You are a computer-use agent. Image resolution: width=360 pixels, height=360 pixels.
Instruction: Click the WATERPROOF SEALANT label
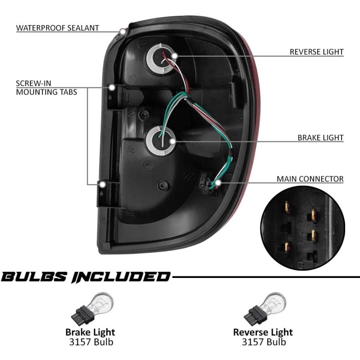coord(57,28)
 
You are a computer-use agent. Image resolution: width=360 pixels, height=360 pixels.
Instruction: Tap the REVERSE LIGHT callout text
coord(317,52)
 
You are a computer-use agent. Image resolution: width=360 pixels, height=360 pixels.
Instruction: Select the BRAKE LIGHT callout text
coord(320,138)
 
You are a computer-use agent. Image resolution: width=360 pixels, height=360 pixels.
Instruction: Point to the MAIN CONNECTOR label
coord(310,179)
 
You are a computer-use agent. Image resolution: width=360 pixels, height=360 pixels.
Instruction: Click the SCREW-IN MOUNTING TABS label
coord(46,88)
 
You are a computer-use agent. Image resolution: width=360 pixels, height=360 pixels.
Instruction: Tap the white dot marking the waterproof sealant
coord(123,31)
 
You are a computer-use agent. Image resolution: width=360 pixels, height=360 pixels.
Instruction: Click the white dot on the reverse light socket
coord(174,56)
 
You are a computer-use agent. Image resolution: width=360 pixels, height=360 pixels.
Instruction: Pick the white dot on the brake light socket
coord(172,142)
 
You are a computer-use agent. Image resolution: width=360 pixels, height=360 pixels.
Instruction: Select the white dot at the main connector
coord(218,183)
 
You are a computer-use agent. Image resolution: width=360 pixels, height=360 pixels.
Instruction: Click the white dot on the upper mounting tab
coord(112,88)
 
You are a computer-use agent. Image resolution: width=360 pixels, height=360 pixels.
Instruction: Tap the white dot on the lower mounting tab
coord(103,184)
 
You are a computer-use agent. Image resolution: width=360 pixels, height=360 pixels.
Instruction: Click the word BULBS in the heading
coord(34,277)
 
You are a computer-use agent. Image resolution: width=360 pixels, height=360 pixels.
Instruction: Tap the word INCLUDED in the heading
coord(120,277)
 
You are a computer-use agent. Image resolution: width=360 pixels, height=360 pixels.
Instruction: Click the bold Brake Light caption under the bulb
coord(90,332)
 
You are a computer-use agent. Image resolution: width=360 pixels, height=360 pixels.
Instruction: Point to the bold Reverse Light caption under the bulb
coord(263,332)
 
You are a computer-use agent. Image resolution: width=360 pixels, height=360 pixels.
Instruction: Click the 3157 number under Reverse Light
coord(252,342)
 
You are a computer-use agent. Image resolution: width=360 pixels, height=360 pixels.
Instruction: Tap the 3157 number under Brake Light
coord(79,342)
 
